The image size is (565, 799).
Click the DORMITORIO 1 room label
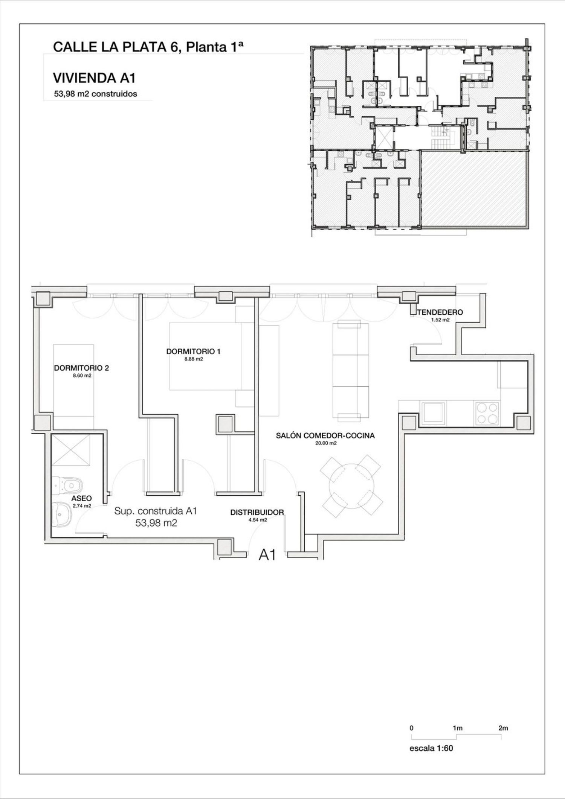pos(193,352)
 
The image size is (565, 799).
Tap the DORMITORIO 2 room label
pos(81,368)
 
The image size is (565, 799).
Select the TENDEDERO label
pos(440,312)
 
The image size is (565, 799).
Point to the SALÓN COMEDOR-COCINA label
pos(325,436)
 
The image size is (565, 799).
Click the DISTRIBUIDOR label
pos(257,512)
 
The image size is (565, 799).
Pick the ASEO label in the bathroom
pos(81,498)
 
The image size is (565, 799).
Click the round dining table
pos(351,485)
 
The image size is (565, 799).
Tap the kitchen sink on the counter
pos(433,413)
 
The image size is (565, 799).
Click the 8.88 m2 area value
pos(193,359)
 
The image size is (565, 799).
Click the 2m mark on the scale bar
pos(503,728)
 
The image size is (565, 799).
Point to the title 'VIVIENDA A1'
pos(94,78)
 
